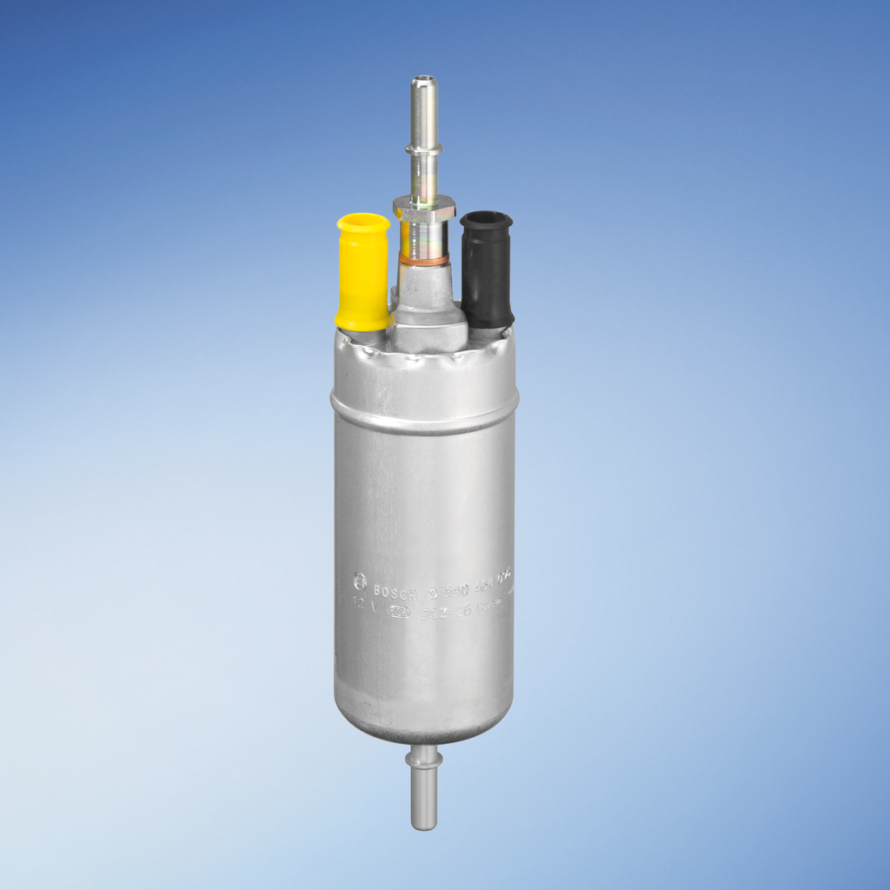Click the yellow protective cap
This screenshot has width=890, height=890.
(362, 276)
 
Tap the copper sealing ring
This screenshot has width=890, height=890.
(424, 259)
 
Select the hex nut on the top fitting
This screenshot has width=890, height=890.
(424, 208)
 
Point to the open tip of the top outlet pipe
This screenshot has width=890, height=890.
(424, 83)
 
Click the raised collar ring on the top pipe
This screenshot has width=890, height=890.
(424, 149)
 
